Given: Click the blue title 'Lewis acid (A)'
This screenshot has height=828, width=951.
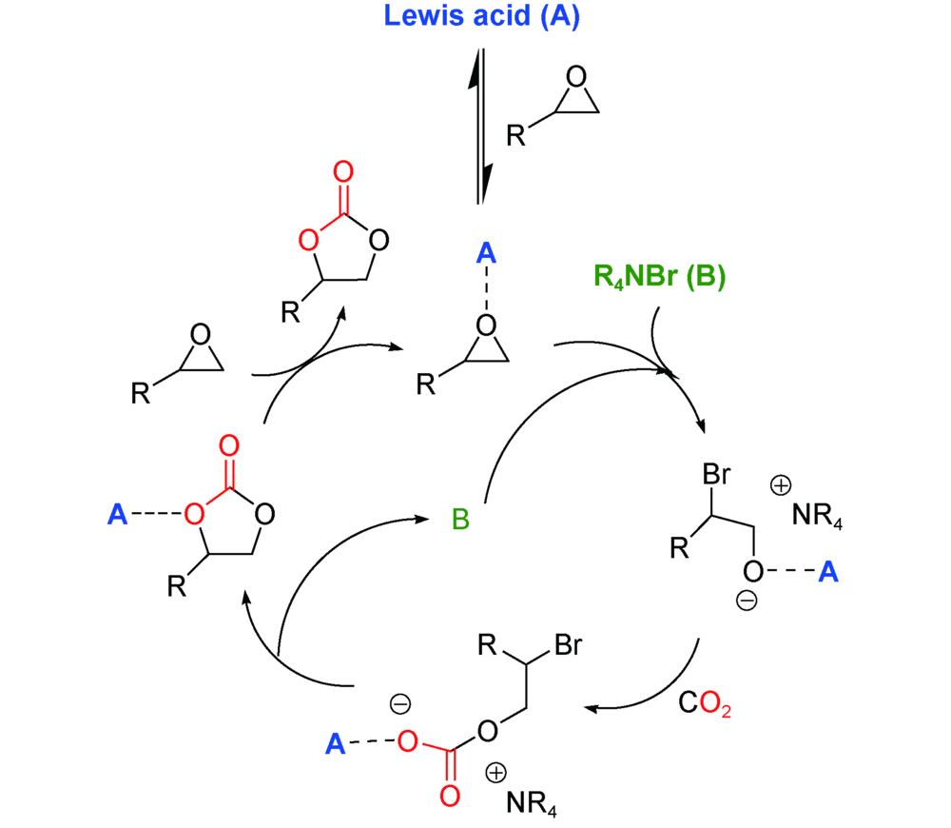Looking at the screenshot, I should tap(481, 17).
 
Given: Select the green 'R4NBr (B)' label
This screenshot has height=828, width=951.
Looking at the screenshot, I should tap(659, 277).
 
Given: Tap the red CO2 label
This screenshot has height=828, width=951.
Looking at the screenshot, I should tap(705, 707).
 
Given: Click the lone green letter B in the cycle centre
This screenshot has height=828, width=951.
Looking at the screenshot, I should tap(460, 520).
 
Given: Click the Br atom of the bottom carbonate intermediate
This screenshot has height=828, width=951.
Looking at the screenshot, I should tap(568, 648).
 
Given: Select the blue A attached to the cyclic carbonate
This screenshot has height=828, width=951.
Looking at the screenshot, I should tap(117, 515).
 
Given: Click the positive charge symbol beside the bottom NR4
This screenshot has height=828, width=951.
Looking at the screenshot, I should tap(495, 772).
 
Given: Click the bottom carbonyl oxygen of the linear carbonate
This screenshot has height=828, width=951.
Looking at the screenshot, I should tap(450, 796).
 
